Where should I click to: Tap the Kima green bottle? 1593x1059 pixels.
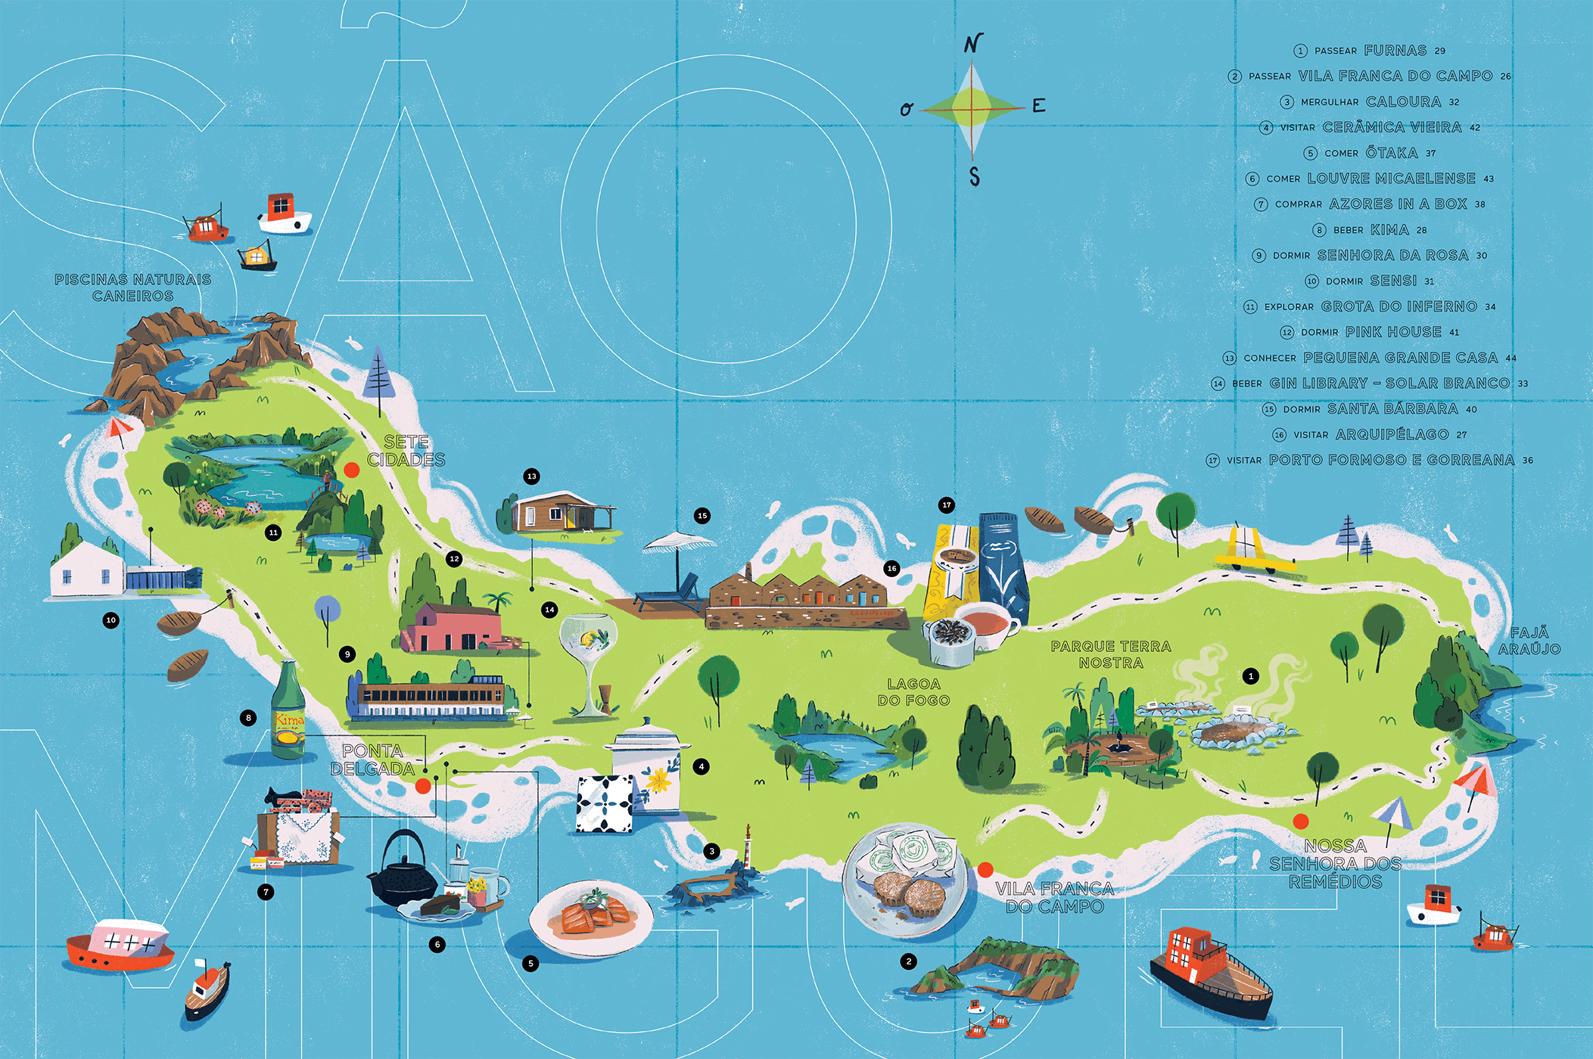point(288,711)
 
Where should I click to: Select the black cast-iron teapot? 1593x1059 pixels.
point(402,870)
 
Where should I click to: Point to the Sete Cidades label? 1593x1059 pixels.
point(406,451)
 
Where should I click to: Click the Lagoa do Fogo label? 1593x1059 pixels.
point(913,692)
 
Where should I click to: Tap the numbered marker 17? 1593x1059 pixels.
point(946,505)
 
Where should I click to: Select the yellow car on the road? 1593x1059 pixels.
point(1253,552)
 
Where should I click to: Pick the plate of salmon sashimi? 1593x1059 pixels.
point(591,915)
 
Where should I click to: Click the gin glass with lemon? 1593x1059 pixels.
point(588,658)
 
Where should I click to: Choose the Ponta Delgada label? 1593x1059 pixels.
point(372,760)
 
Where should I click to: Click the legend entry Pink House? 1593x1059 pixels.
point(1370,332)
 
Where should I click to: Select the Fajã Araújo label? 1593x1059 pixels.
point(1529,641)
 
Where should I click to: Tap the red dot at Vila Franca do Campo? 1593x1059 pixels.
point(985,869)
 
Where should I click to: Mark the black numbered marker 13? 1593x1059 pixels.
point(531,477)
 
